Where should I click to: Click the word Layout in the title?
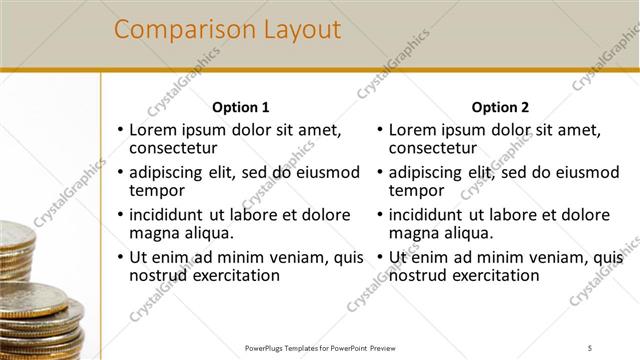coord(292,30)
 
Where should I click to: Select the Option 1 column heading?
coord(241,107)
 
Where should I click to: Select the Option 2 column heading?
coord(501,107)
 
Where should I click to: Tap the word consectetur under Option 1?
coord(174,148)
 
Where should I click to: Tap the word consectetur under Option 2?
coord(433,148)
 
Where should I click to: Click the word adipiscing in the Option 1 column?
coord(168,172)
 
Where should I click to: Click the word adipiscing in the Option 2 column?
coord(427,172)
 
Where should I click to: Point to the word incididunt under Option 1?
coord(168,214)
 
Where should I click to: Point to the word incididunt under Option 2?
coord(427,214)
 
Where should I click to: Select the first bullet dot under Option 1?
coord(120,130)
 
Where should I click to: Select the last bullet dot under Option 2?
coord(380,258)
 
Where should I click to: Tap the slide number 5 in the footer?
coord(590,347)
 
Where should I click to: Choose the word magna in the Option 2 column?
coord(413,233)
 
